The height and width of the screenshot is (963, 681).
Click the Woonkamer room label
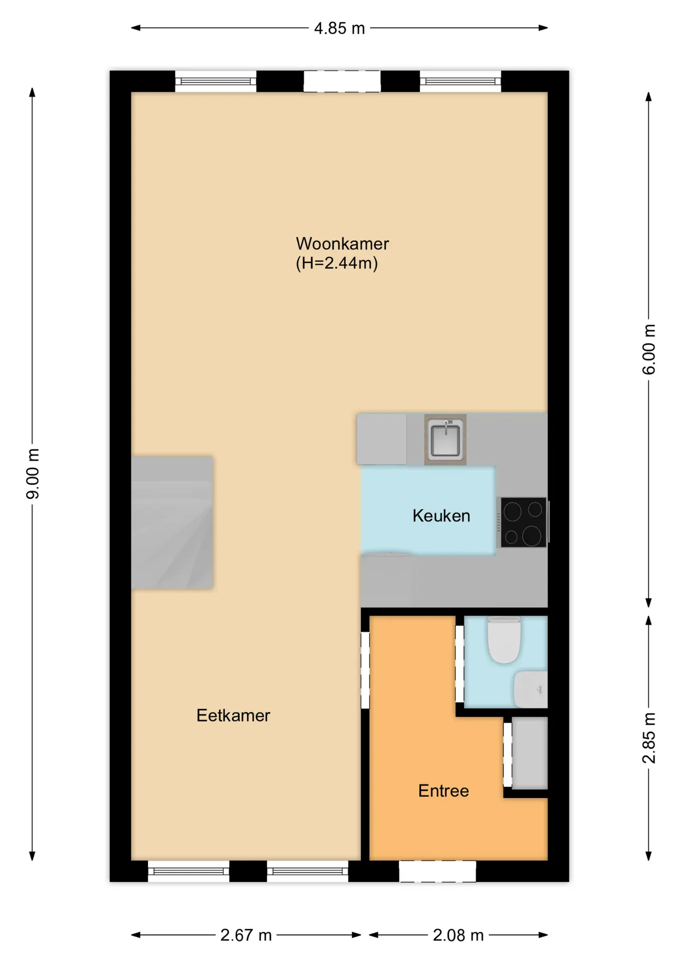point(342,244)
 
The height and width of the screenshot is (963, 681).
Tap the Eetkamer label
point(233,715)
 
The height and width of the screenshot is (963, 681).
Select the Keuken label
point(441,516)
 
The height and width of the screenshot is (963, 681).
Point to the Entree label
point(443,791)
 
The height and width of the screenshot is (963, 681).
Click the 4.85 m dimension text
point(339,29)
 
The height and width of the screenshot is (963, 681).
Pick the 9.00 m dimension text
point(33,474)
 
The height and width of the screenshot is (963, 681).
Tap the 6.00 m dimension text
point(649,350)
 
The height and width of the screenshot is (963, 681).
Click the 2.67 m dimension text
point(246,935)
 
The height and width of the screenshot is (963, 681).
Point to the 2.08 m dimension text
point(458,935)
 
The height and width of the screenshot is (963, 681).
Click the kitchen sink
point(445,439)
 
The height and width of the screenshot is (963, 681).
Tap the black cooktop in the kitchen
point(524,522)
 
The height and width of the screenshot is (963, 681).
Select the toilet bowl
point(504,639)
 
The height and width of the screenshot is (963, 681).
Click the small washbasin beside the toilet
point(531,690)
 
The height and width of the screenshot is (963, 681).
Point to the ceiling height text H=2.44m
point(337,263)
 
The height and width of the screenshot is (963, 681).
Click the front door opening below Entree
point(437,872)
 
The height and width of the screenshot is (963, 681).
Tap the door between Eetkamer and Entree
point(365,670)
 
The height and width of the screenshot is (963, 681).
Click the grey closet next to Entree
point(530,753)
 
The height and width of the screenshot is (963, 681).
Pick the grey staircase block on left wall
point(173,523)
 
